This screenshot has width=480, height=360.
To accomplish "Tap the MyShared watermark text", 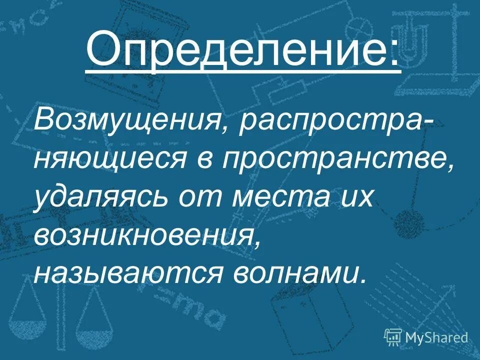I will [436, 337].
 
